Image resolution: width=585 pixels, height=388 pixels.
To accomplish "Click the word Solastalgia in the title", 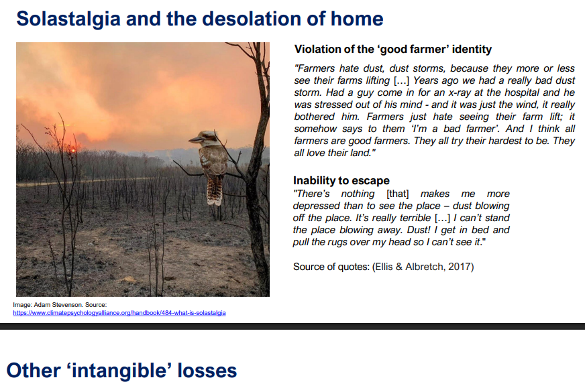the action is coord(68,19).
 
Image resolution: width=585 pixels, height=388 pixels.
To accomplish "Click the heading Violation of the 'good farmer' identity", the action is coord(393,49).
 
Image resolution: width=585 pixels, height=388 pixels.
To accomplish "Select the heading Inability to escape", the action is coord(341,181).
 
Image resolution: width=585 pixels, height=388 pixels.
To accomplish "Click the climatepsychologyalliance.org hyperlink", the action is coord(119,313).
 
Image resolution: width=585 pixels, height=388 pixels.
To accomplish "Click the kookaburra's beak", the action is coord(195,140).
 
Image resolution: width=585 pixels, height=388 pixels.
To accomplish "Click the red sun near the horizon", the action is coord(74,151).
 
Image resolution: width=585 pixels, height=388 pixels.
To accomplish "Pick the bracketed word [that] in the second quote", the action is coord(398,194).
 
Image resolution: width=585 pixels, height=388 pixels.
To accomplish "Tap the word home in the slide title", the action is coord(357,19).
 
